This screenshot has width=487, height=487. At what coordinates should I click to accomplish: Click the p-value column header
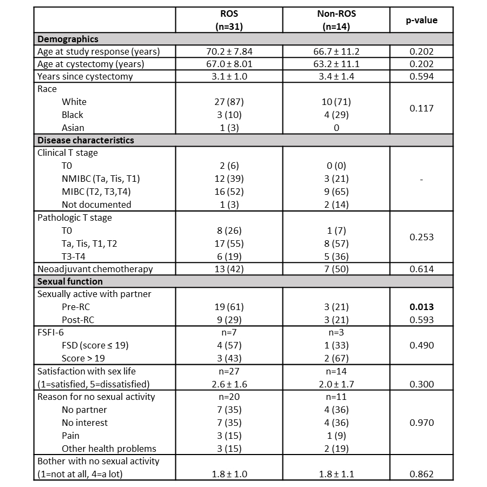click(422, 21)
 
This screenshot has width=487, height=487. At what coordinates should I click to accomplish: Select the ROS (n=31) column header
click(229, 21)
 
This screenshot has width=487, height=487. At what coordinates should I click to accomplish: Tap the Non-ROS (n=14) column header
click(336, 21)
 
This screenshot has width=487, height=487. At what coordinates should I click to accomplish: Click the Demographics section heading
click(68, 39)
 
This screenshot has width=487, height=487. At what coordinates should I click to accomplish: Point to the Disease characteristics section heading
click(85, 140)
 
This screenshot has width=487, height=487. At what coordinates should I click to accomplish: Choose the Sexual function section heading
click(70, 281)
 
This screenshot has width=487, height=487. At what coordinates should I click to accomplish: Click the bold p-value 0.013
click(422, 307)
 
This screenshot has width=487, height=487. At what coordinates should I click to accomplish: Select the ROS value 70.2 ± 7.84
click(229, 52)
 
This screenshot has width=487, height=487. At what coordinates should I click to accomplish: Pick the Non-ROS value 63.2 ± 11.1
click(336, 64)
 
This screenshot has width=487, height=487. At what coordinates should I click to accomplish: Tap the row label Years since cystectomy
click(85, 77)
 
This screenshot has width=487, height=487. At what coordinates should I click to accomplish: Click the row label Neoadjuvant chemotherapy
click(95, 269)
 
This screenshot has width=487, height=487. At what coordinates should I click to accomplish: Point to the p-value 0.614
click(422, 269)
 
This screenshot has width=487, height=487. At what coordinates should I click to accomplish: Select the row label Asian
click(73, 128)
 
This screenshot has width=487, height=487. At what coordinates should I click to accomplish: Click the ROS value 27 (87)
click(229, 102)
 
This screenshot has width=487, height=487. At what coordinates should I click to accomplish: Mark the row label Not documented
click(96, 205)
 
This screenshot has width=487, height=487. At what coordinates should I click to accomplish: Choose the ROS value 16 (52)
click(229, 192)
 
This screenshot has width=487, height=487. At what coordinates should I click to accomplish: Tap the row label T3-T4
click(74, 256)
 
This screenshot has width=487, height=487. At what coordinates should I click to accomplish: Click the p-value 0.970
click(422, 423)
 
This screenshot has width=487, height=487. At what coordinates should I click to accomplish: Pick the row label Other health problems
click(109, 448)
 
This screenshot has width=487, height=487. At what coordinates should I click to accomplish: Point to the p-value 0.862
click(422, 474)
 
